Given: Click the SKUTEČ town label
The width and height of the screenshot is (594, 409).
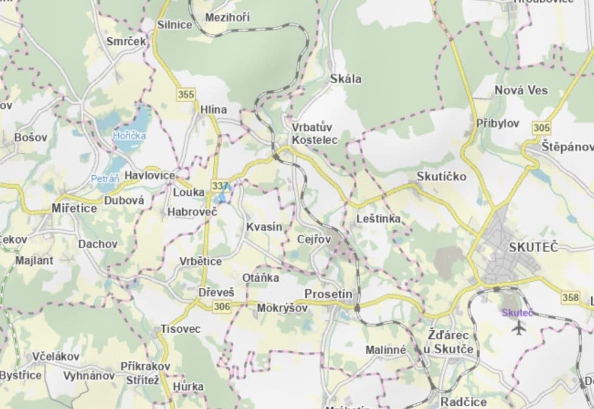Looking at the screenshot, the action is pos(534,247).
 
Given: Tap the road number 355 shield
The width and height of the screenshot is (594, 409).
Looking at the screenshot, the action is pos(187,95).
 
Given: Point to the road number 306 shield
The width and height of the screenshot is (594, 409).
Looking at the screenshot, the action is pos(223,306).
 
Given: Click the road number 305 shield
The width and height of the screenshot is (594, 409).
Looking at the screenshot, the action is pos(541,128).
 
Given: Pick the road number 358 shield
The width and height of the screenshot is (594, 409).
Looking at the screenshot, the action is pos(570,297).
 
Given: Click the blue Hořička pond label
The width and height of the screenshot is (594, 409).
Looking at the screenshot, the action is pos(129,135).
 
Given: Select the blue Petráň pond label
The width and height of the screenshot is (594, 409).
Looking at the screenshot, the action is pos(105,179).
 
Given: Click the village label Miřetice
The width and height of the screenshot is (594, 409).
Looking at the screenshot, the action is pos(74,208).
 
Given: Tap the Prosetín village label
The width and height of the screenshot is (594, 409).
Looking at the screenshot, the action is pos(328,294).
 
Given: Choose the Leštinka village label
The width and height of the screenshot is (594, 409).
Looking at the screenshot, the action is pos(378,219).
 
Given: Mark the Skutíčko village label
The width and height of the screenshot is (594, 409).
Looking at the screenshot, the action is pos(441,176).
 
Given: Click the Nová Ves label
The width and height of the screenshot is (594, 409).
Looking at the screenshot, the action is pos(521,90).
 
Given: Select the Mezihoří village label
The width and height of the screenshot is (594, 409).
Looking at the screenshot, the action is pos(227,18).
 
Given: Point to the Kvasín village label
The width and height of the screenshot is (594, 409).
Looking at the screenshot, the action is pos(264,226).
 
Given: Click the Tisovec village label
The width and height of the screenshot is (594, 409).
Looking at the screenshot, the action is pos(180,329).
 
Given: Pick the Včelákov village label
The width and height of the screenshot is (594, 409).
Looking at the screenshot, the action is pos(56,356).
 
